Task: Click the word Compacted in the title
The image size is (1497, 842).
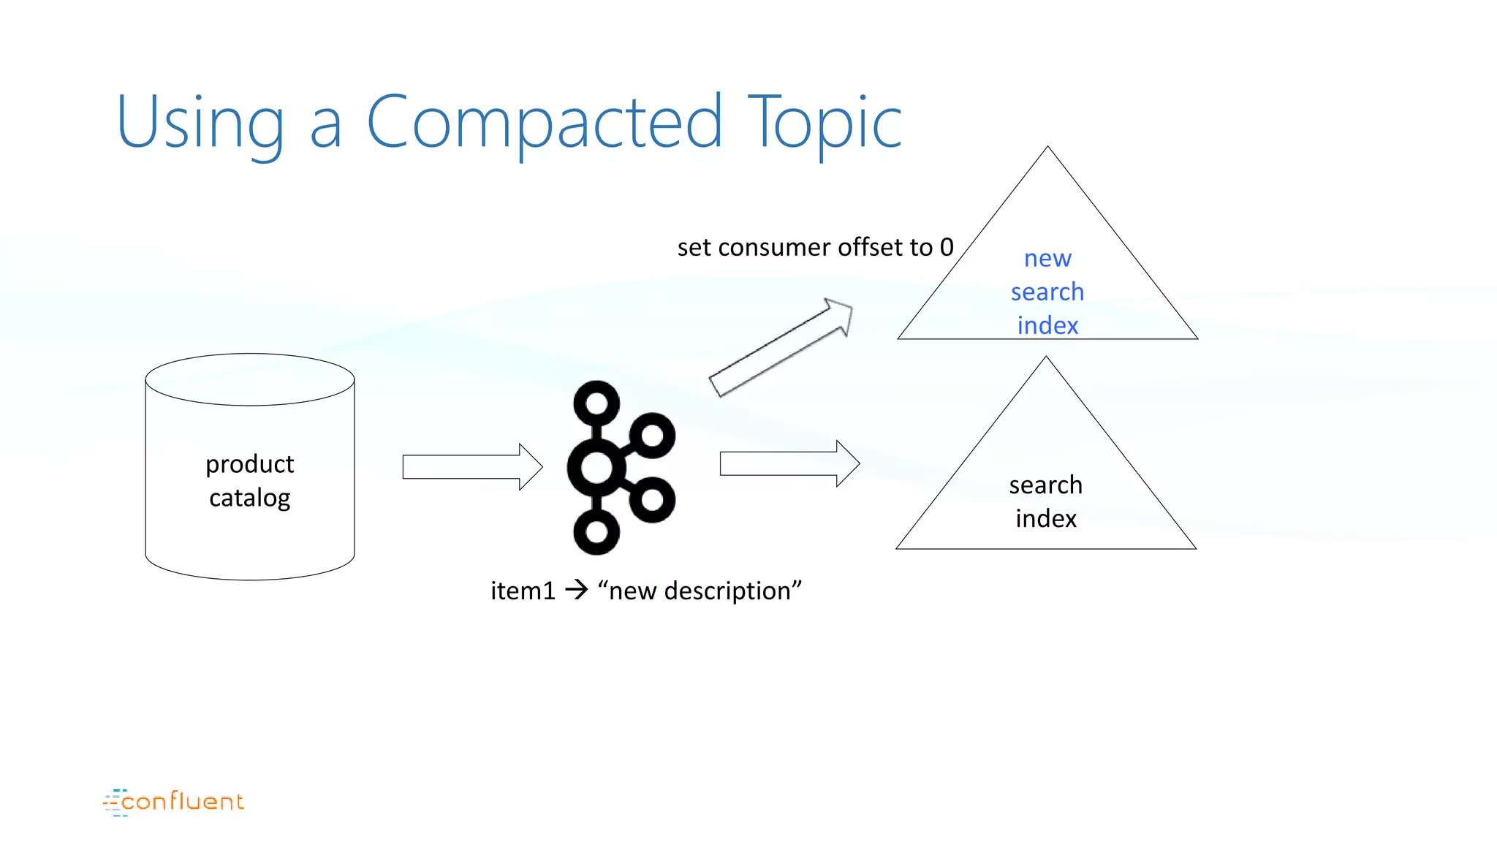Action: coord(544,122)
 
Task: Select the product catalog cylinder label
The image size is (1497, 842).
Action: coord(250,480)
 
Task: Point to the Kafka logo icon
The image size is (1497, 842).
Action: coord(621,467)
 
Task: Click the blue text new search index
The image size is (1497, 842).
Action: coord(1047,292)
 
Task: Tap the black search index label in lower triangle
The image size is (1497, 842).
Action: coord(1046,501)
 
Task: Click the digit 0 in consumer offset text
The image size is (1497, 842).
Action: coord(947,247)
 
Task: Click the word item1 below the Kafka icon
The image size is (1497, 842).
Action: coord(523,591)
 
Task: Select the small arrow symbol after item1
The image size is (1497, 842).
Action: coord(577,589)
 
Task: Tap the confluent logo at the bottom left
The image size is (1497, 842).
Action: coord(174,802)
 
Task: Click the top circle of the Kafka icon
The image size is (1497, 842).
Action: coord(596,403)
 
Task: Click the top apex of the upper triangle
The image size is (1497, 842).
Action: coord(1047,149)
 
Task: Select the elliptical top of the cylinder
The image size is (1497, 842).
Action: coord(250,379)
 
